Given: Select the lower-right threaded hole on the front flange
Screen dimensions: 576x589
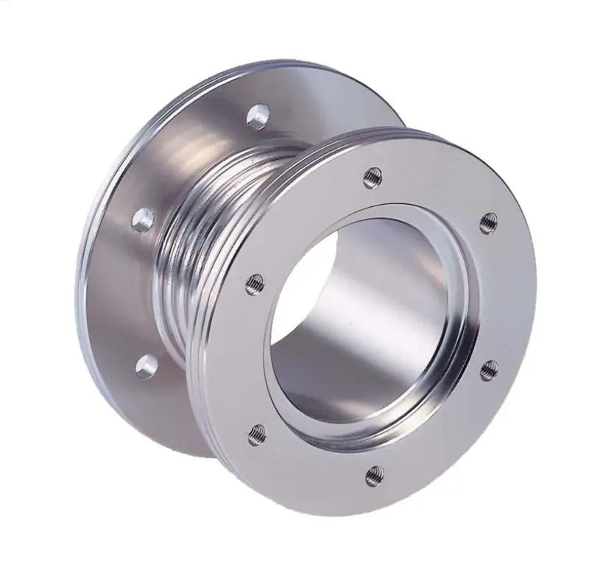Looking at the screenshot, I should coord(488,370).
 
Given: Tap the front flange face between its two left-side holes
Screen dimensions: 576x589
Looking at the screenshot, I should coord(243,354).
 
